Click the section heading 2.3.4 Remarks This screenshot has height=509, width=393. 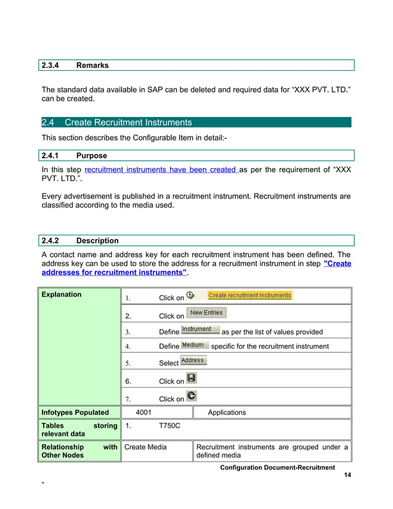(x=92, y=65)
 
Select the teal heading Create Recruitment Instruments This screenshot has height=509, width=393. (x=128, y=123)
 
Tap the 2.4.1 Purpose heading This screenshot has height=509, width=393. (x=91, y=156)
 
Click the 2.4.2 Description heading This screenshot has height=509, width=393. (x=97, y=240)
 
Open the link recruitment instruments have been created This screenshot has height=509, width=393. (x=161, y=169)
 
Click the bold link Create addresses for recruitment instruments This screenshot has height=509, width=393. (x=115, y=272)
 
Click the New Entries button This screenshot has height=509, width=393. (x=206, y=313)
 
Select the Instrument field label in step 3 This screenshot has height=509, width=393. (x=200, y=330)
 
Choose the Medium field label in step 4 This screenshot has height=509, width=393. (x=195, y=345)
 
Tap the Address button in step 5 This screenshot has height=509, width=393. (x=193, y=360)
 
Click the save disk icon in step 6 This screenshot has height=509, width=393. (x=192, y=378)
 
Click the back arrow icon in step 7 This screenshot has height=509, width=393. (x=192, y=396)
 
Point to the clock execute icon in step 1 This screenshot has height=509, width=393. (x=191, y=296)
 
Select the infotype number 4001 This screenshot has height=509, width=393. (x=144, y=412)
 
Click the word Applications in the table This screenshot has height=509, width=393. (x=227, y=412)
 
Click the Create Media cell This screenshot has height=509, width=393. (x=145, y=447)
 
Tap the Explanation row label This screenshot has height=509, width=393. (x=62, y=295)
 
